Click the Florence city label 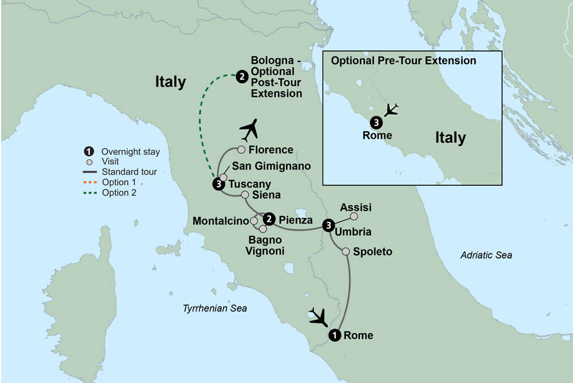(x=272, y=150)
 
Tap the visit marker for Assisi (x=354, y=216)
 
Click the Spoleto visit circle (x=346, y=251)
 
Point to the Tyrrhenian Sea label (x=215, y=308)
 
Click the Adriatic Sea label (x=486, y=255)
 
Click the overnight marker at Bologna (x=242, y=75)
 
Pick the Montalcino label (x=221, y=221)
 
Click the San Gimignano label (x=271, y=166)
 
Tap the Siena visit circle (x=245, y=195)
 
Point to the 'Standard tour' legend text (x=129, y=172)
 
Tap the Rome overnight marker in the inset (x=375, y=122)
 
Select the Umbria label (x=353, y=232)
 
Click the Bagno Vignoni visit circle (x=254, y=229)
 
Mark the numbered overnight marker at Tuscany (x=218, y=184)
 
